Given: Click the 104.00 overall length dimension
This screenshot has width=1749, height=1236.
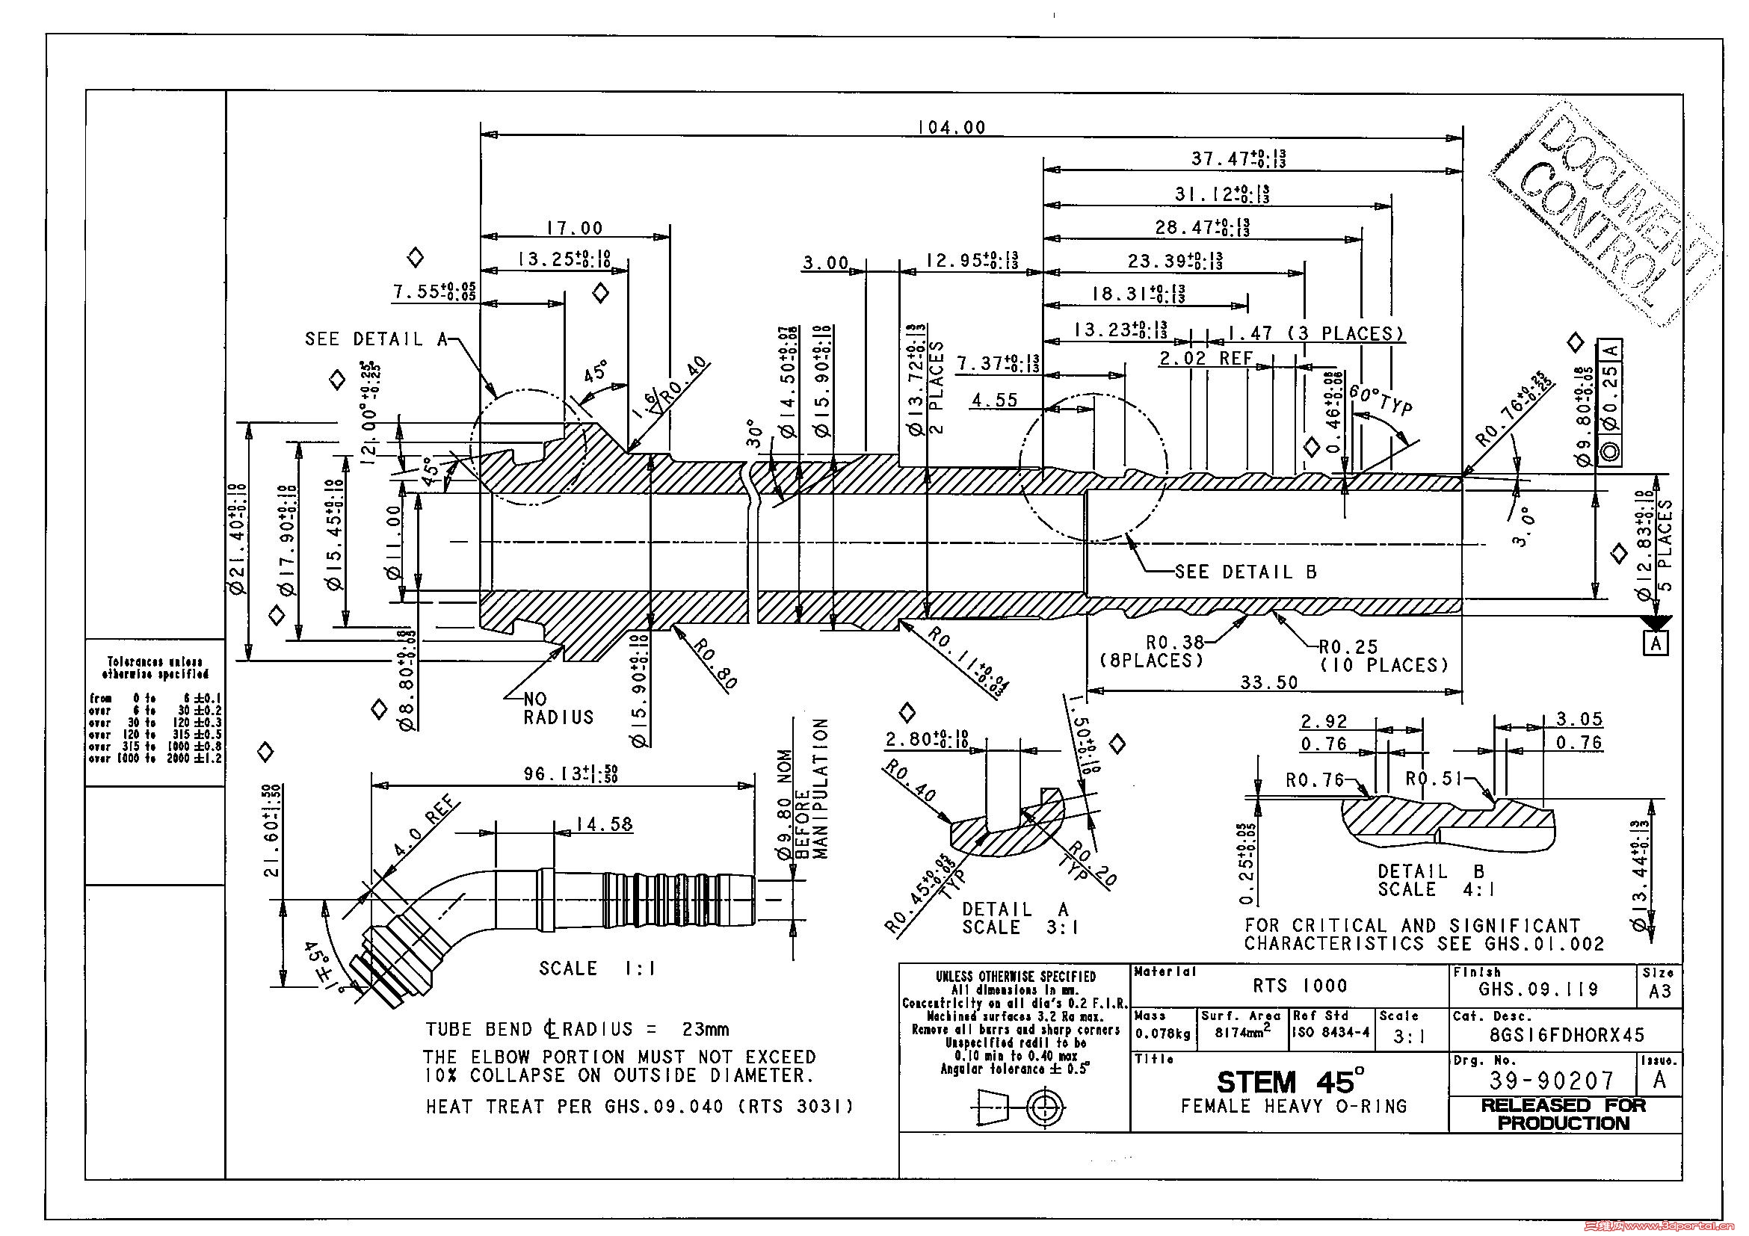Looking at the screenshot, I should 951,127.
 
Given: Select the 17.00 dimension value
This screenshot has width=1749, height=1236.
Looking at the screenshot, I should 574,228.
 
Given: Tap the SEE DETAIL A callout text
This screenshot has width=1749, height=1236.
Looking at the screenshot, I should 376,339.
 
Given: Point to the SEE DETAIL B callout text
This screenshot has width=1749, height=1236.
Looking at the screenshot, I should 1245,572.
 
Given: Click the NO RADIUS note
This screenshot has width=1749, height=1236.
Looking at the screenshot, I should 558,708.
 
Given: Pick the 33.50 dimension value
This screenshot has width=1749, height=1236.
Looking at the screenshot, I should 1268,682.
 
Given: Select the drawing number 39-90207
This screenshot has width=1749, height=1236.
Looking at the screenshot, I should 1551,1080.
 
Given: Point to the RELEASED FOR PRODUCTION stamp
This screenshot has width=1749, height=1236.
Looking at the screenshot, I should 1563,1113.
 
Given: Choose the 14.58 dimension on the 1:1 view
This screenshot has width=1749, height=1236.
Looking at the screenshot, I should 603,824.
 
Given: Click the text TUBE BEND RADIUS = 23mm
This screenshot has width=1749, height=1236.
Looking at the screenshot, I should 577,1030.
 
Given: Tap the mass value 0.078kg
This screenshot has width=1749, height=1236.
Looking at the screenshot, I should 1163,1033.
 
